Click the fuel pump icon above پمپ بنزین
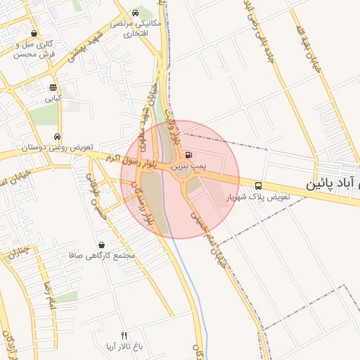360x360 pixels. pos(188,155)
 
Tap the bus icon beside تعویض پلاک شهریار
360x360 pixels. pos(259,186)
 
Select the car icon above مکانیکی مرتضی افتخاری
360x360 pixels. pos(135,13)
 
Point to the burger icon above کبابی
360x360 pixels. pos(53,88)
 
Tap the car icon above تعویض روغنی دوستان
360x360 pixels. pos(58,137)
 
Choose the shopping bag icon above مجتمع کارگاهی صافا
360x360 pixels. pos(103,245)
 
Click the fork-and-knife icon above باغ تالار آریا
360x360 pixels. pos(124,335)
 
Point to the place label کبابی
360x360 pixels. pos(53,99)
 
